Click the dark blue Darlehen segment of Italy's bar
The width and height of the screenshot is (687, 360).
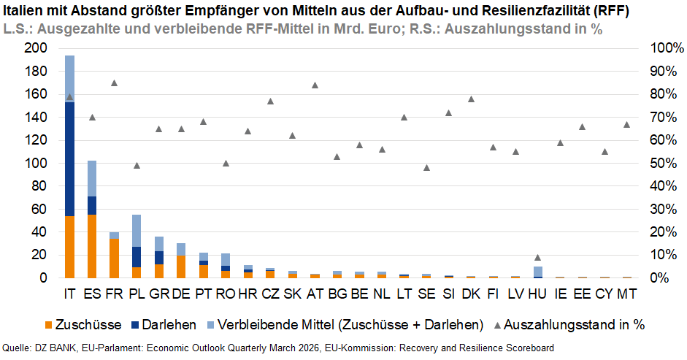(69, 158)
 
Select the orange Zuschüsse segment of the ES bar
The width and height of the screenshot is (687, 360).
(92, 246)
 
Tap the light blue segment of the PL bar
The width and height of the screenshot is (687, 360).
(137, 230)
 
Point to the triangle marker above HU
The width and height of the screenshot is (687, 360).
(538, 257)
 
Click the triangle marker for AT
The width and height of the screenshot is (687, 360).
(315, 85)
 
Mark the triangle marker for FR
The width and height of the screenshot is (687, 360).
(114, 83)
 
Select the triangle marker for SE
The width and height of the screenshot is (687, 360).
(426, 167)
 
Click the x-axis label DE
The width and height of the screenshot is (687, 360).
(180, 294)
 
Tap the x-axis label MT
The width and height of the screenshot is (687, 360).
(627, 294)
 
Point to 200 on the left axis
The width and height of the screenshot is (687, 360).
(36, 48)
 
